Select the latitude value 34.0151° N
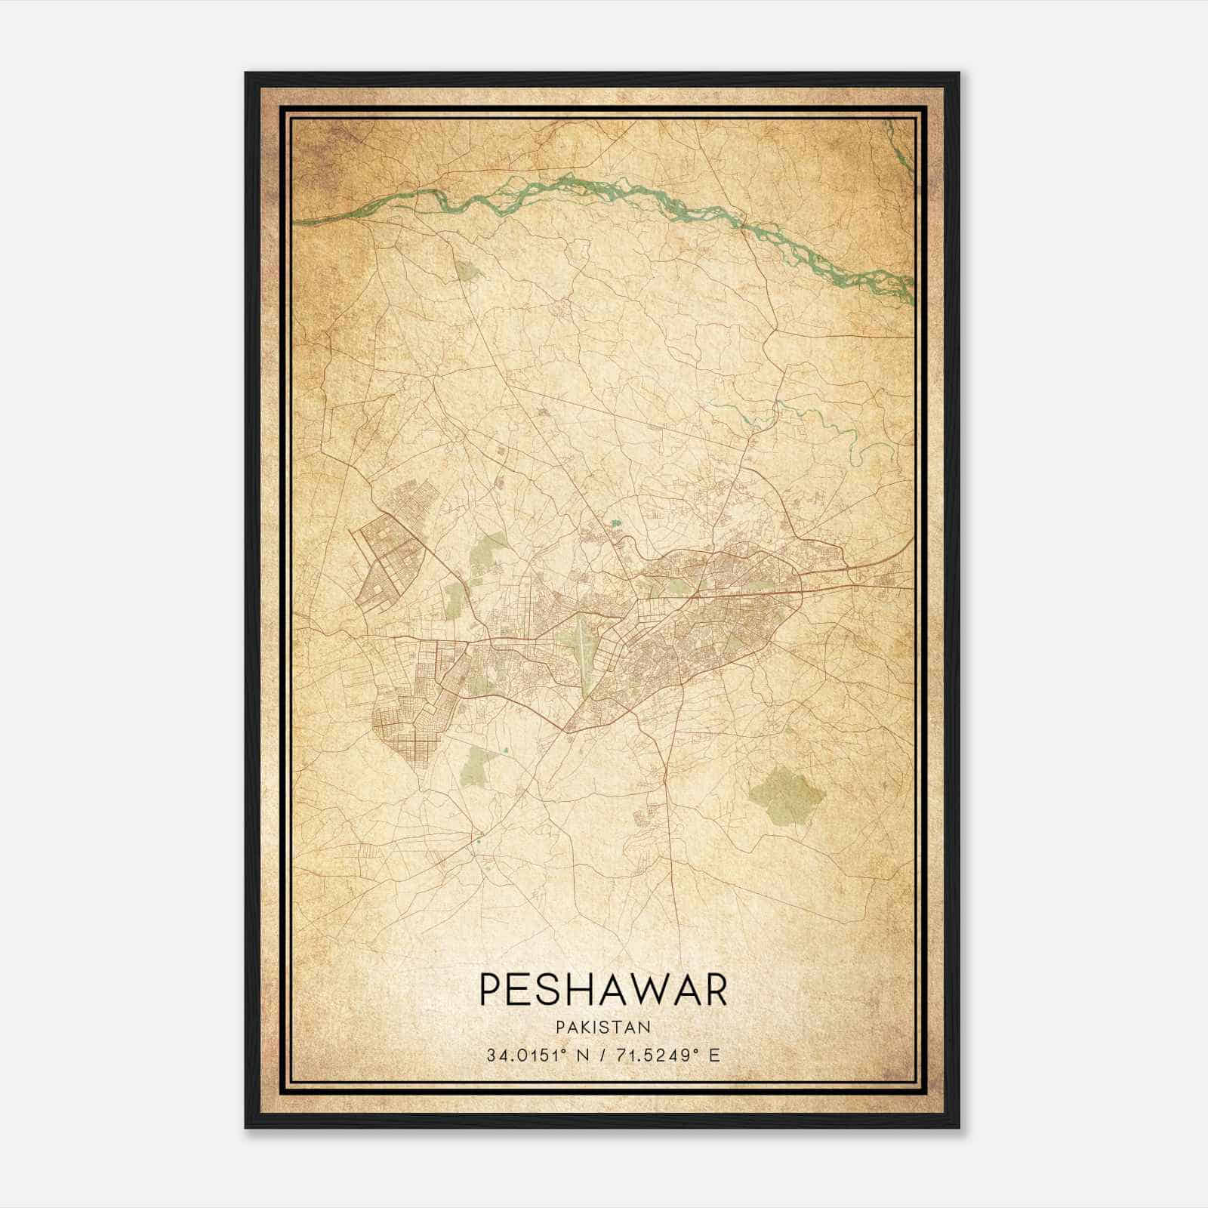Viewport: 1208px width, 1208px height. pyautogui.click(x=538, y=1055)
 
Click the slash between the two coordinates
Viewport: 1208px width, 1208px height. pyautogui.click(x=602, y=1055)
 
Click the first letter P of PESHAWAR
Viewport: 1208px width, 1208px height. pyautogui.click(x=489, y=991)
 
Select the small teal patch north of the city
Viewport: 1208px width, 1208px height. pyautogui.click(x=617, y=522)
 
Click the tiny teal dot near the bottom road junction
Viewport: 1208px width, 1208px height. pyautogui.click(x=479, y=836)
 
